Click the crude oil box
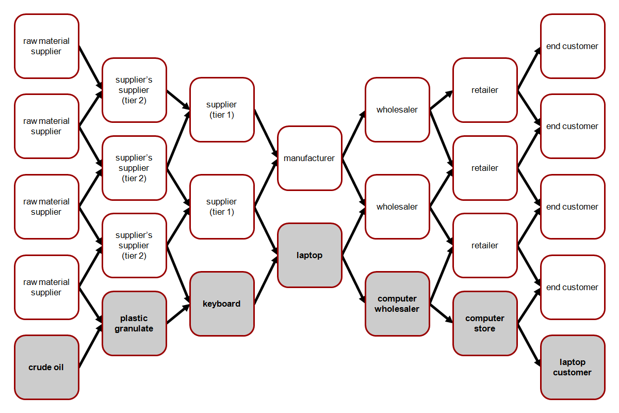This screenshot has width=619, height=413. (x=46, y=367)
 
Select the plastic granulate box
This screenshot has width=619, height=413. (x=134, y=323)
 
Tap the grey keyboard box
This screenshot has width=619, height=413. (x=222, y=304)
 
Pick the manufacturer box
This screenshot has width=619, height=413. (x=309, y=158)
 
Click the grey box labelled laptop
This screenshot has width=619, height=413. (x=309, y=255)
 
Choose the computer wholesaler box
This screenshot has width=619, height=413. (x=397, y=304)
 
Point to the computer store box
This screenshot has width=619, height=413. (x=485, y=323)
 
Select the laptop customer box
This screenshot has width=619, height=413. (x=573, y=367)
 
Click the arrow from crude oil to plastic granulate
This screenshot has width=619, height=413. (x=90, y=345)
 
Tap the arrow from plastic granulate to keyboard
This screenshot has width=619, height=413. (x=178, y=314)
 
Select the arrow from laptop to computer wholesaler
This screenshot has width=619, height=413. (x=353, y=279)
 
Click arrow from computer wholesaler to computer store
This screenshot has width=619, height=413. (x=441, y=313)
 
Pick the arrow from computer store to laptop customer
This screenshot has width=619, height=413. (x=529, y=345)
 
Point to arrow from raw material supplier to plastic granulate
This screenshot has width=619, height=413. (x=90, y=305)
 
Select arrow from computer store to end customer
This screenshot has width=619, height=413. (x=529, y=305)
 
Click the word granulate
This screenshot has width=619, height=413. (x=134, y=328)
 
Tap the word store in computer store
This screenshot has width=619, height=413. (x=485, y=328)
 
